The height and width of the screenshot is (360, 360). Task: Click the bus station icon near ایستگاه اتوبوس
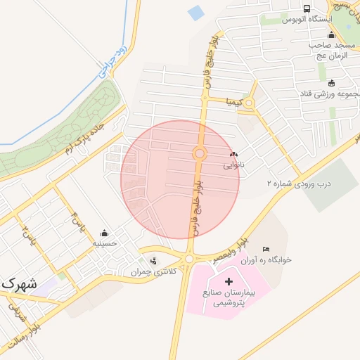tap(307, 8)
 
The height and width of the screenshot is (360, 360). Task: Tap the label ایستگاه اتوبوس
tap(307, 20)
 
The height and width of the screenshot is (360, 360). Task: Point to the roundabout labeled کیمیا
tap(248, 103)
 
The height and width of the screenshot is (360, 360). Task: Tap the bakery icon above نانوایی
tap(233, 154)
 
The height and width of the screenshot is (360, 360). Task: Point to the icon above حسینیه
tap(105, 233)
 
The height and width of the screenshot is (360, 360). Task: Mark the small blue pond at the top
tap(195, 13)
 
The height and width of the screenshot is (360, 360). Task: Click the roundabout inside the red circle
tap(200, 154)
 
